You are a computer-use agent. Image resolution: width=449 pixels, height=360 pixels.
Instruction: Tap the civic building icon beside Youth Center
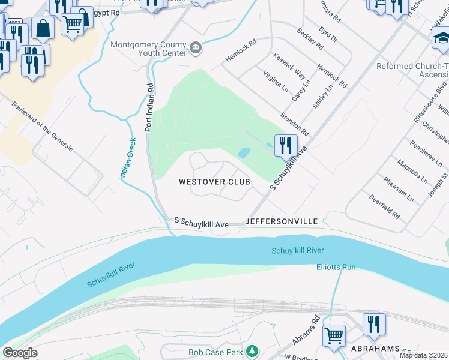196,47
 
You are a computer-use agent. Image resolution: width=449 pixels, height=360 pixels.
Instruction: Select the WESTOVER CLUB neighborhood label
214,181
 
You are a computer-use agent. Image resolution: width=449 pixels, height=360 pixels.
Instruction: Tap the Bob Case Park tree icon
253,350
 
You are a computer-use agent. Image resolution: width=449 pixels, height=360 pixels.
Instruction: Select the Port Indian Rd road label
149,107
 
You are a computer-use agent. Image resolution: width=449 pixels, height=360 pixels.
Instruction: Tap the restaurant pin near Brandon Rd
286,145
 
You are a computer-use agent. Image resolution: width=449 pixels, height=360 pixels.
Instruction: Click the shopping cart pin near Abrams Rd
334,335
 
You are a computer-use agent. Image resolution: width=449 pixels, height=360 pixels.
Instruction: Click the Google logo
20,353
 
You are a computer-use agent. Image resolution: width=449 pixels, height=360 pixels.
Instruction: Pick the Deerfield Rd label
384,206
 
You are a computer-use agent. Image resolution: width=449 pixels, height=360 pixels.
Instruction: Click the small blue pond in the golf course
244,153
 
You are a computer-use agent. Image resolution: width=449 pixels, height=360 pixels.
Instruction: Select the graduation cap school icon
441,38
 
